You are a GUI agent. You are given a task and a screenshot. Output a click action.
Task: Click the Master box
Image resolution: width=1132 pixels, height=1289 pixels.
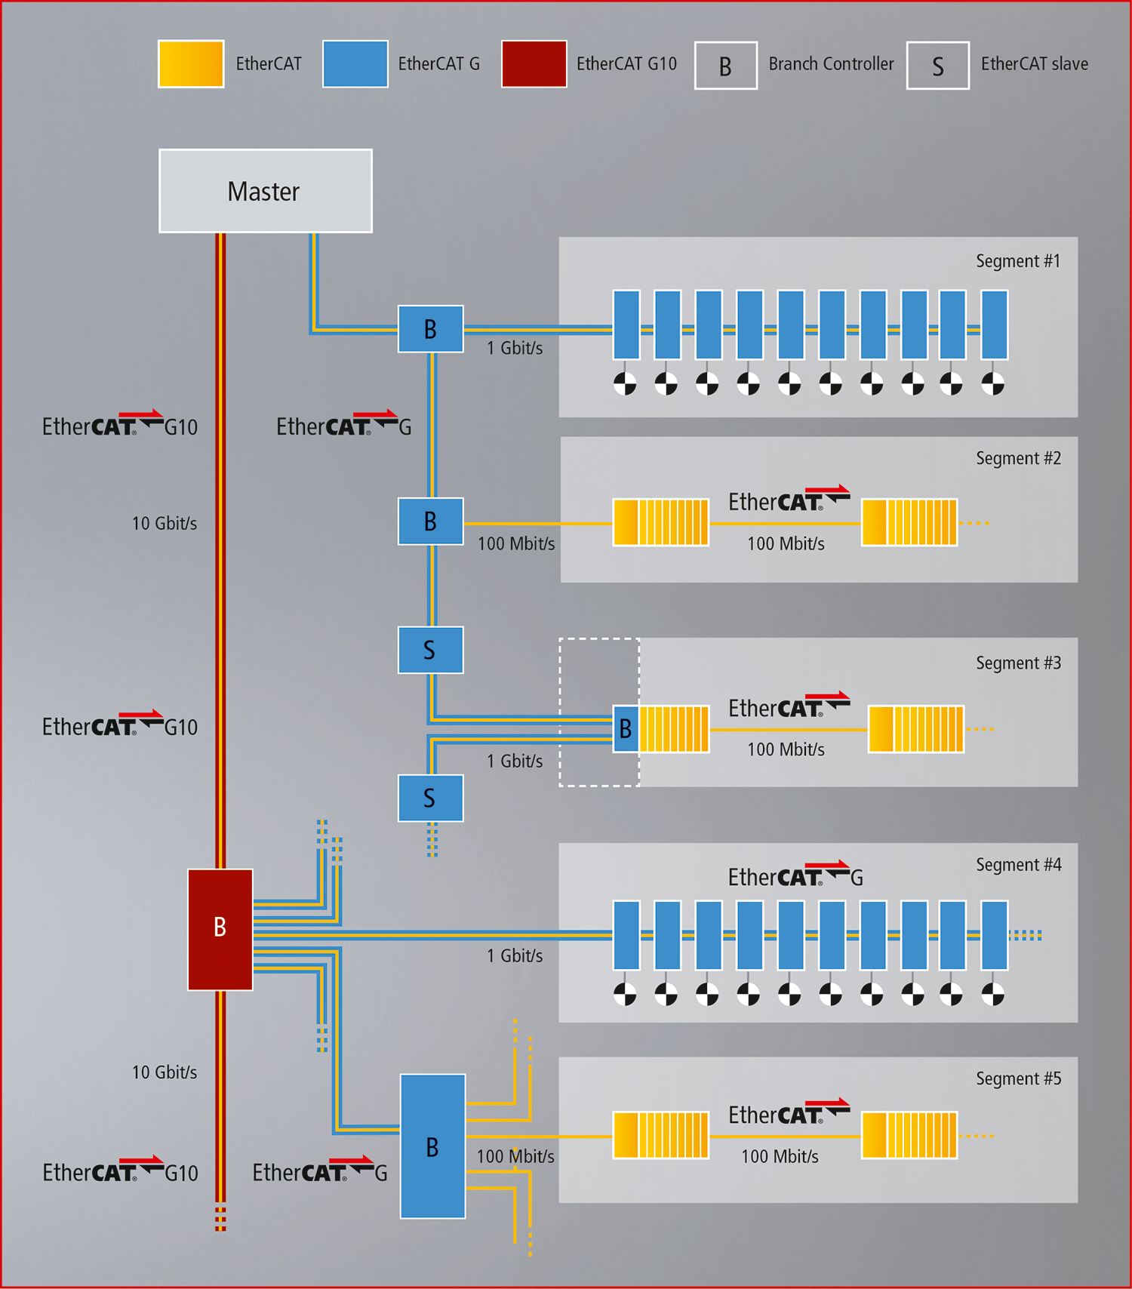coord(265,191)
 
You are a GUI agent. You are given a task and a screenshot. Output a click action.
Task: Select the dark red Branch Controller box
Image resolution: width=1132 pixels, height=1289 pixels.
coord(220,929)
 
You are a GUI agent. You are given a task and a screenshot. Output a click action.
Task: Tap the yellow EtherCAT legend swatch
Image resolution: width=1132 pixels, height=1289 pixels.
coord(191,64)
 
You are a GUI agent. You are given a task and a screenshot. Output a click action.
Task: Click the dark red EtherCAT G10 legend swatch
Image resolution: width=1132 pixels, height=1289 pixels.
coord(534,64)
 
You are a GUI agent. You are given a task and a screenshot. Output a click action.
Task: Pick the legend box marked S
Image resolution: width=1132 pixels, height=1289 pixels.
coord(937,66)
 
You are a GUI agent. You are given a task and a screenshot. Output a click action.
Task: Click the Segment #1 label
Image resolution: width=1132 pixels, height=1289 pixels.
coord(1017,261)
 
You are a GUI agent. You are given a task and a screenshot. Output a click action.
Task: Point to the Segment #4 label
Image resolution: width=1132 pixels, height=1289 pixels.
coord(1018,865)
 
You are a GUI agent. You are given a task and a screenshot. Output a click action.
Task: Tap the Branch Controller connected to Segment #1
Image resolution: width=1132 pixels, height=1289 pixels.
coord(430,329)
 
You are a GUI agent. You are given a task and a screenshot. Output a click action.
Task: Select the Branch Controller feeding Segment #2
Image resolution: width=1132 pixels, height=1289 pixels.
coord(430,521)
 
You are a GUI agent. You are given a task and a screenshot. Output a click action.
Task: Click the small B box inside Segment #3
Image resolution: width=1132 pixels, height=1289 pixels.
coord(626,729)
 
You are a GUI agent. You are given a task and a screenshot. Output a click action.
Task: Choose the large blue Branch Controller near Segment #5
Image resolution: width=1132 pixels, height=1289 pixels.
coord(432,1146)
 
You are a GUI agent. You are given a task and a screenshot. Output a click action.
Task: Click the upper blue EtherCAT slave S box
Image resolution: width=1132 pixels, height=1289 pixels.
coord(430,650)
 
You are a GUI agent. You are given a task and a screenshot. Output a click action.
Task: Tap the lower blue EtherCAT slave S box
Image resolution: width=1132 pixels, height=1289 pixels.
coord(430,798)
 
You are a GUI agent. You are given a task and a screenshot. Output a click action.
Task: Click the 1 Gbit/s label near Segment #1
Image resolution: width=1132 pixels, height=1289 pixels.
coord(514,348)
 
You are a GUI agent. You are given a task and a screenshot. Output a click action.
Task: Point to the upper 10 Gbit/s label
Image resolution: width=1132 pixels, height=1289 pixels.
coord(165,524)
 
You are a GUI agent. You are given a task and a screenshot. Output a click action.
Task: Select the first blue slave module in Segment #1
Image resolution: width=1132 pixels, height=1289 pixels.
coord(626,325)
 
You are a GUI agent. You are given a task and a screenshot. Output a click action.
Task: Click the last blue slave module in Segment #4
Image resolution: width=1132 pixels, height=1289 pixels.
coord(994,934)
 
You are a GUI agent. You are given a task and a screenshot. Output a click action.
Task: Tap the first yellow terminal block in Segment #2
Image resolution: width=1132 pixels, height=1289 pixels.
coord(660,522)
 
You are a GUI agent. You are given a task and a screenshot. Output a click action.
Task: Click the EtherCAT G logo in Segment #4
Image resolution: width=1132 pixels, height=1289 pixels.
coord(795,876)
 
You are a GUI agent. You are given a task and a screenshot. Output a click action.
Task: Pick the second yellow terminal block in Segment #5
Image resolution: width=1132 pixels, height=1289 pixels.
coord(909,1135)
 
